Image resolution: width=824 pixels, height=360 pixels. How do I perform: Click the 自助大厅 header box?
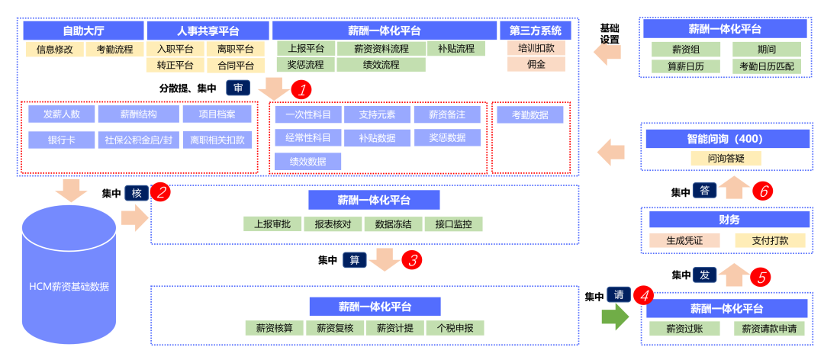pyautogui.click(x=83, y=31)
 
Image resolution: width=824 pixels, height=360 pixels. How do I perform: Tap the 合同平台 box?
pyautogui.click(x=235, y=66)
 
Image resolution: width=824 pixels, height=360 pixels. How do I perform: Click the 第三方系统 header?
pyautogui.click(x=535, y=31)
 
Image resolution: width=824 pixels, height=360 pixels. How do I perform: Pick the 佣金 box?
pyautogui.click(x=536, y=65)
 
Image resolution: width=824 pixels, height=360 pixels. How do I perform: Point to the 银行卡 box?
pyautogui.click(x=60, y=140)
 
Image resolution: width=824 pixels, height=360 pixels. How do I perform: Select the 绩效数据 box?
pyautogui.click(x=307, y=162)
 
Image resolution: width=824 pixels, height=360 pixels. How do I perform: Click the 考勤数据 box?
pyautogui.click(x=530, y=115)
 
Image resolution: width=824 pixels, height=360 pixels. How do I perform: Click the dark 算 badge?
pyautogui.click(x=354, y=259)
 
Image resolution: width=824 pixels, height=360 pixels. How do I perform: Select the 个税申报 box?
pyautogui.click(x=455, y=328)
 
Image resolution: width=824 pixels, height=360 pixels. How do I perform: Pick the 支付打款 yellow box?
pyautogui.click(x=770, y=240)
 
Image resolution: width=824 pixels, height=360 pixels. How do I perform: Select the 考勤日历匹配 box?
pyautogui.click(x=767, y=66)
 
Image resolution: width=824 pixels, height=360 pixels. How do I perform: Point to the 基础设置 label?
pyautogui.click(x=610, y=34)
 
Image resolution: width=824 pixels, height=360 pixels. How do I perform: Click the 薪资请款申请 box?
pyautogui.click(x=770, y=329)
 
